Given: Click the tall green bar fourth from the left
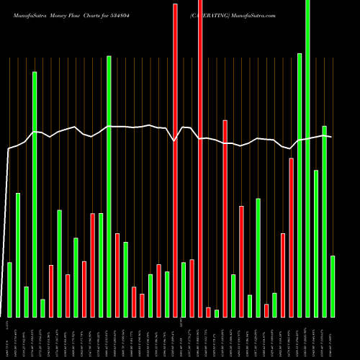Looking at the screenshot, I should pyautogui.click(x=35, y=194).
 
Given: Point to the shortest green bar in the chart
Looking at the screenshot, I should pyautogui.click(x=217, y=313).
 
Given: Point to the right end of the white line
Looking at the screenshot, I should pyautogui.click(x=331, y=137).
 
